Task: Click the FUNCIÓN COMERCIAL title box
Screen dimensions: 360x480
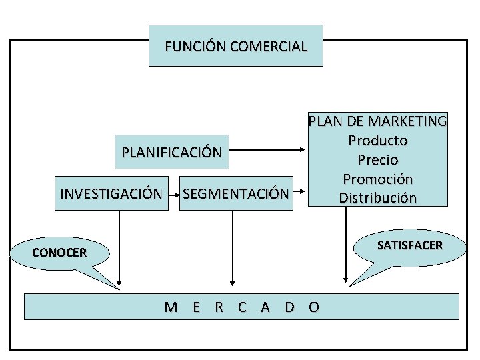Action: tap(235, 46)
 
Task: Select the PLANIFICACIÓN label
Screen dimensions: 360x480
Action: tap(171, 152)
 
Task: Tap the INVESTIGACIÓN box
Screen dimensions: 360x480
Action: tap(111, 194)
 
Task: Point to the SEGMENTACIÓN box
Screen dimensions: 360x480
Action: tap(236, 194)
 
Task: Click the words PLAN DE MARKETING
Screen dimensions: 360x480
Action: tap(377, 121)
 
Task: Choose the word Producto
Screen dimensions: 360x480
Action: tap(377, 141)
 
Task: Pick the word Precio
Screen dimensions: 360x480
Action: tap(377, 160)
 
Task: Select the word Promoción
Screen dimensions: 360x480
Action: tap(377, 179)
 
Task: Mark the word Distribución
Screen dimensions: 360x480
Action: tap(377, 198)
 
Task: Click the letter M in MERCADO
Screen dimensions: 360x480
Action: tap(171, 307)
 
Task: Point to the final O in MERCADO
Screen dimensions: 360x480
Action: tap(314, 307)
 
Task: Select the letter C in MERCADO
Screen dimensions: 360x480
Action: tap(242, 307)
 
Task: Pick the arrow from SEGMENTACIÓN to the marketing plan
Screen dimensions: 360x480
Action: tap(299, 194)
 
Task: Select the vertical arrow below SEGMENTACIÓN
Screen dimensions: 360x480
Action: tap(233, 247)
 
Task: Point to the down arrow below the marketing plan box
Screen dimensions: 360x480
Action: tap(346, 247)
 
